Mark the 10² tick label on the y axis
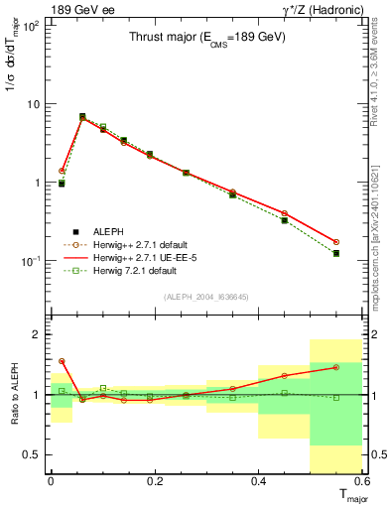(x=33, y=26)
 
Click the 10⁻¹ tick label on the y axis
(x=32, y=261)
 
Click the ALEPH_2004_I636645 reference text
(x=205, y=297)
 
